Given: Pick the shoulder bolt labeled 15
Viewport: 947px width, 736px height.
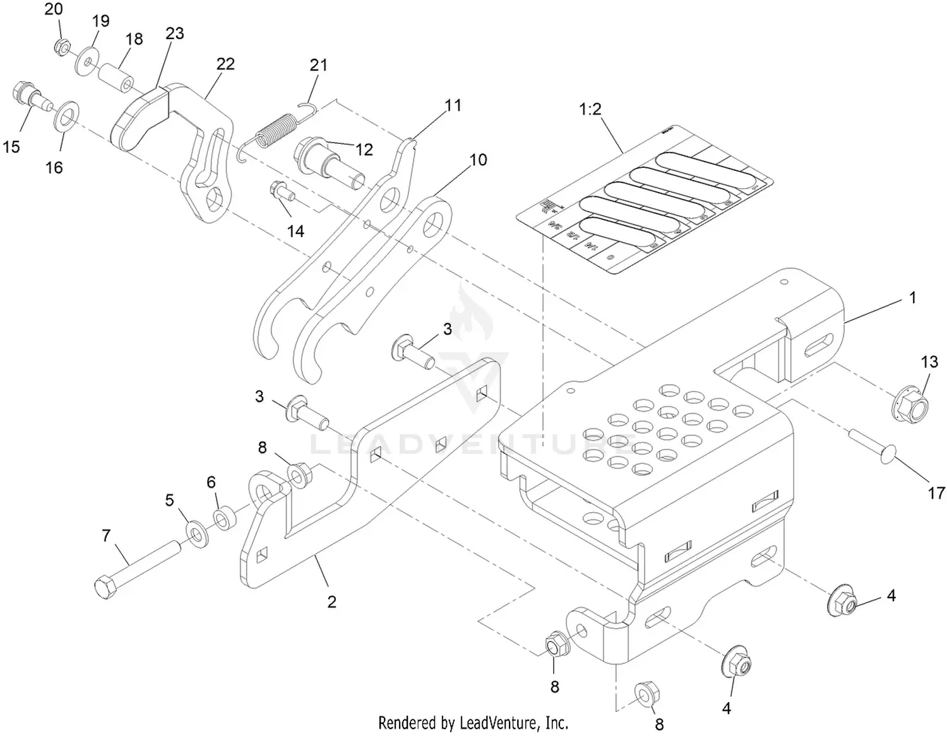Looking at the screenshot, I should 29,100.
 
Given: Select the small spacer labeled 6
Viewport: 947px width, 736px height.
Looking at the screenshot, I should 222,518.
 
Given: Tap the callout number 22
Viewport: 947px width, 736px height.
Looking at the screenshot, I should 225,64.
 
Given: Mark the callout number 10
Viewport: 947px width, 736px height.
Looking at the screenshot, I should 478,160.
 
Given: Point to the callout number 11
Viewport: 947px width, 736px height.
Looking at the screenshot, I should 453,105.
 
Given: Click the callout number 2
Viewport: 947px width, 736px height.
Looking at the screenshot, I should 331,602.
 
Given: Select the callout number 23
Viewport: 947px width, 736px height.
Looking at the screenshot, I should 174,33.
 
